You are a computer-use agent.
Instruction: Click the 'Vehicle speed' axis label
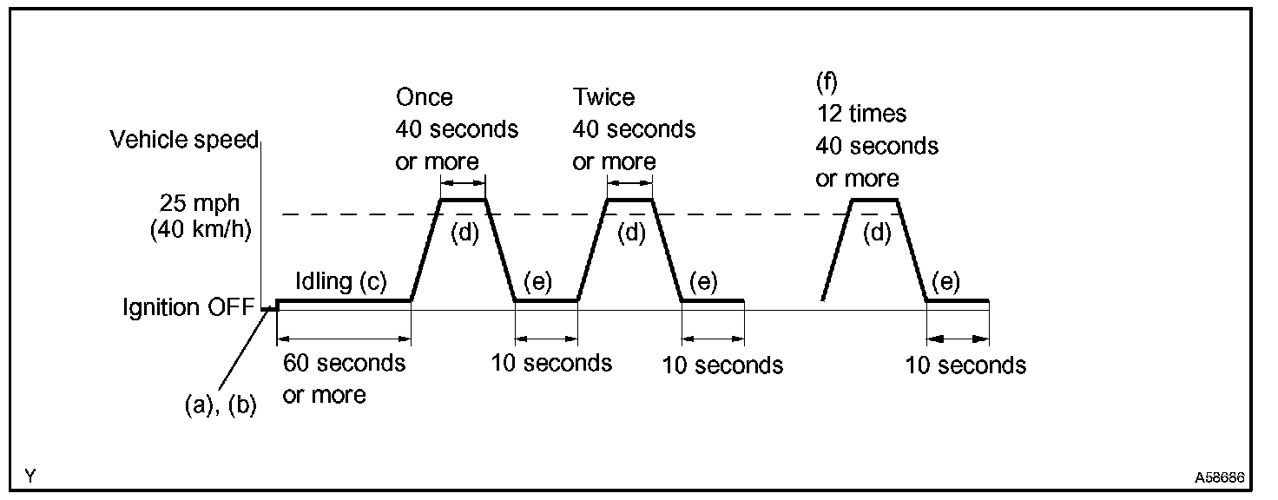[184, 141]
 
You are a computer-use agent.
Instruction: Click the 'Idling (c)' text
[339, 281]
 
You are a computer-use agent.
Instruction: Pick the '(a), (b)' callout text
[221, 405]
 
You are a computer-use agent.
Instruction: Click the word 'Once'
[425, 97]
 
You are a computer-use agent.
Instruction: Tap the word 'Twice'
[603, 97]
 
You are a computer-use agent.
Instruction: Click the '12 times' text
[860, 114]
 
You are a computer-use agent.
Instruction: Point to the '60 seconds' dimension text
[344, 362]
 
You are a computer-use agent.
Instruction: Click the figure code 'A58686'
[1220, 477]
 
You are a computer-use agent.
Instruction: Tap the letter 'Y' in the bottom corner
[30, 476]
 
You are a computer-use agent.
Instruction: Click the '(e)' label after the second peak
[704, 281]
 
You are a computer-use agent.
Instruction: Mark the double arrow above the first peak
[463, 183]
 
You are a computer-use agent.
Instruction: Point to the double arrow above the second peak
[629, 183]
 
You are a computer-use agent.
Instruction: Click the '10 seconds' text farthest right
[965, 365]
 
